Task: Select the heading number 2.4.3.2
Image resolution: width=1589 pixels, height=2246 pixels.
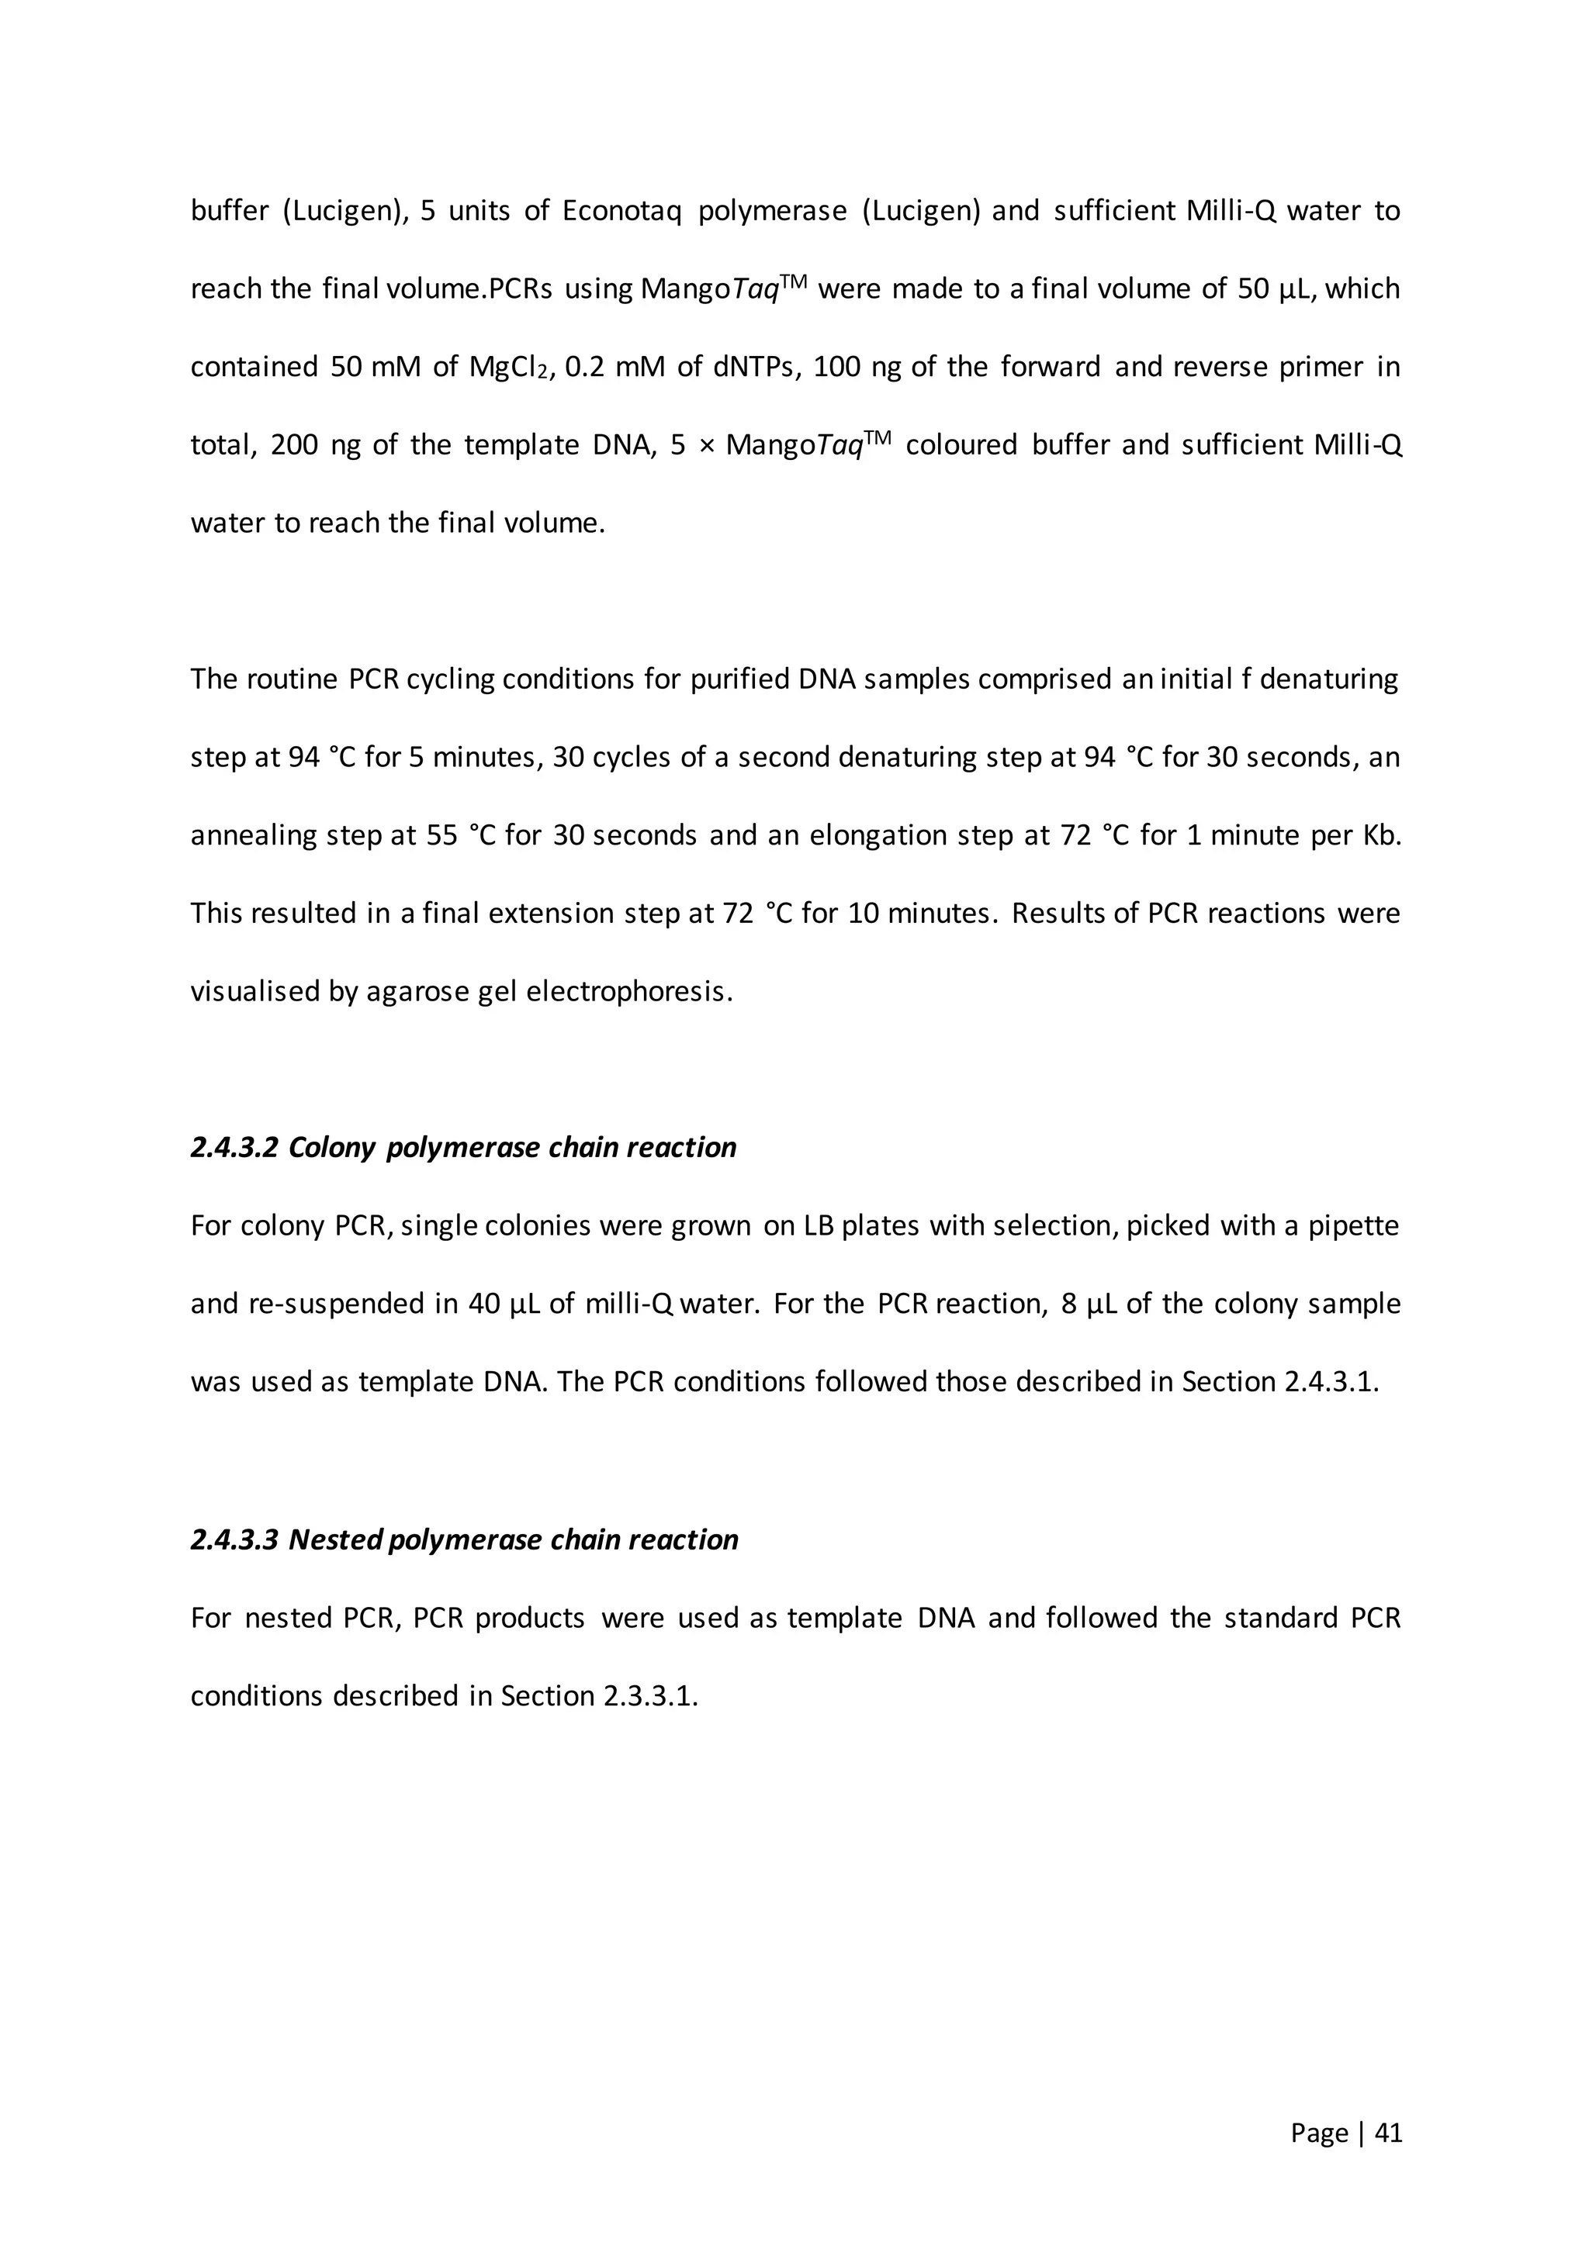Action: pos(234,1148)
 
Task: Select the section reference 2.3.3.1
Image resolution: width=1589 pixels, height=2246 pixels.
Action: pos(648,1695)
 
